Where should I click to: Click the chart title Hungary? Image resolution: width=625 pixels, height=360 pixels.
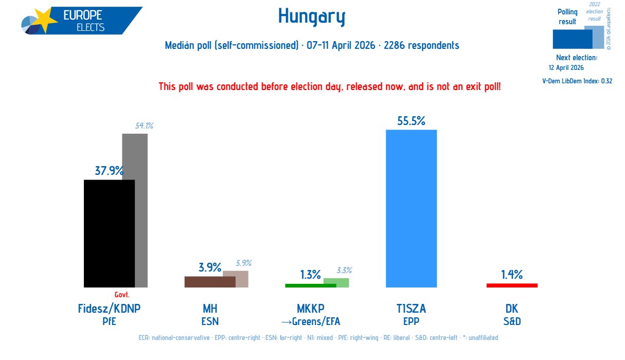[x=312, y=17]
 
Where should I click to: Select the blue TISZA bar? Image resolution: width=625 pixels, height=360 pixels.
[x=411, y=208]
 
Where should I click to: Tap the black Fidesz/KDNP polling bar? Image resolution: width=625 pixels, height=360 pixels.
[x=109, y=233]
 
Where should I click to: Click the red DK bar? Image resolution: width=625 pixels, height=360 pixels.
[x=512, y=285]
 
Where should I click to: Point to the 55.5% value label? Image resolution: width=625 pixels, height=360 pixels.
[x=411, y=121]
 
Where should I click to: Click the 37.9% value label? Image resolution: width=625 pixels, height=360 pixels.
[x=109, y=171]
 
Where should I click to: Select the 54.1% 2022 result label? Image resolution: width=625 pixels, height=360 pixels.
[x=145, y=125]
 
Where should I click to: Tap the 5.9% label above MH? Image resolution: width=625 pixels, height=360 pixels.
[x=243, y=263]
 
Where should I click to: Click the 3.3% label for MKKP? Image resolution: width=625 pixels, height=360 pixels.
[x=344, y=271]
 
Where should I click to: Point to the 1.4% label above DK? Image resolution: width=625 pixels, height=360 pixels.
[x=512, y=275]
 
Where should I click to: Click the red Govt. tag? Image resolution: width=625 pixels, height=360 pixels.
[x=122, y=295]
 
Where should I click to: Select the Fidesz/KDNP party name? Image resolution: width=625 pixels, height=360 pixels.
[x=109, y=309]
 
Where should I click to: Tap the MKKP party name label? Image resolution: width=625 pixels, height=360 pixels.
[x=311, y=309]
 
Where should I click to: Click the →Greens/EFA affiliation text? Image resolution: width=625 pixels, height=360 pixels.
[x=311, y=322]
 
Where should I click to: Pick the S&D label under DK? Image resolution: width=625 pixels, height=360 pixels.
[x=512, y=322]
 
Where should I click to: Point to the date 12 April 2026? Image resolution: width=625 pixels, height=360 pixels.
[x=566, y=68]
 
